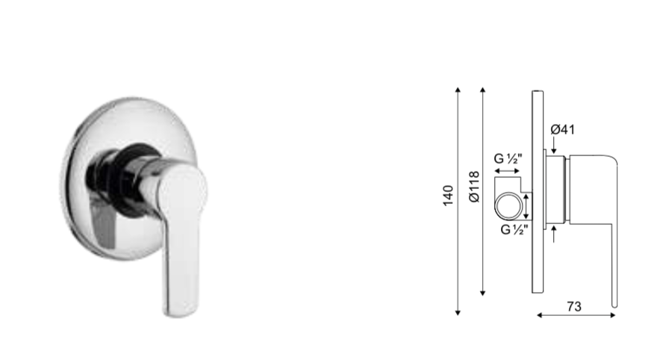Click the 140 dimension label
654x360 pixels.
447,195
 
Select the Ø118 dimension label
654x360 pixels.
474,187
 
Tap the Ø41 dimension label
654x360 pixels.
563,129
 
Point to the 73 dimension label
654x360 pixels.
574,307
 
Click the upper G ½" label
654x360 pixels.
508,158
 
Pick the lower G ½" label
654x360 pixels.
514,229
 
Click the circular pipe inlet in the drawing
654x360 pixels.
509,206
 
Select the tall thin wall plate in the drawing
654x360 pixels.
538,192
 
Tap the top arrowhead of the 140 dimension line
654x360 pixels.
458,90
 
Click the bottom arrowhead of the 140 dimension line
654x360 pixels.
458,313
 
